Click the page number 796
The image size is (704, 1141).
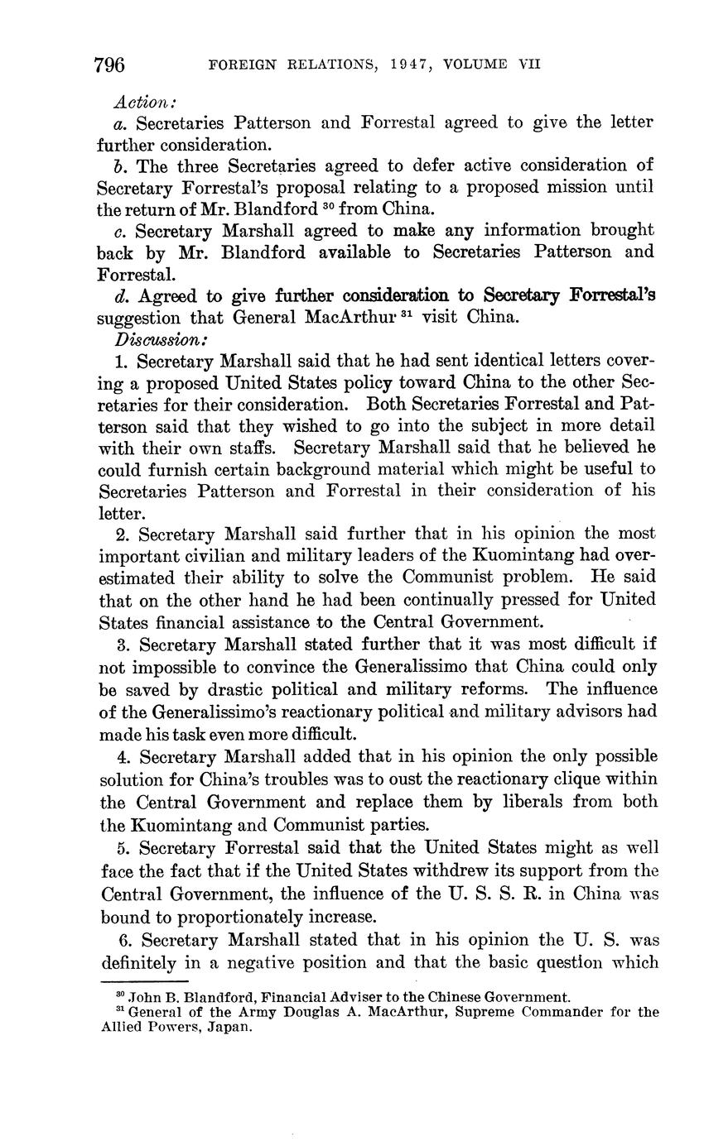110,64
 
